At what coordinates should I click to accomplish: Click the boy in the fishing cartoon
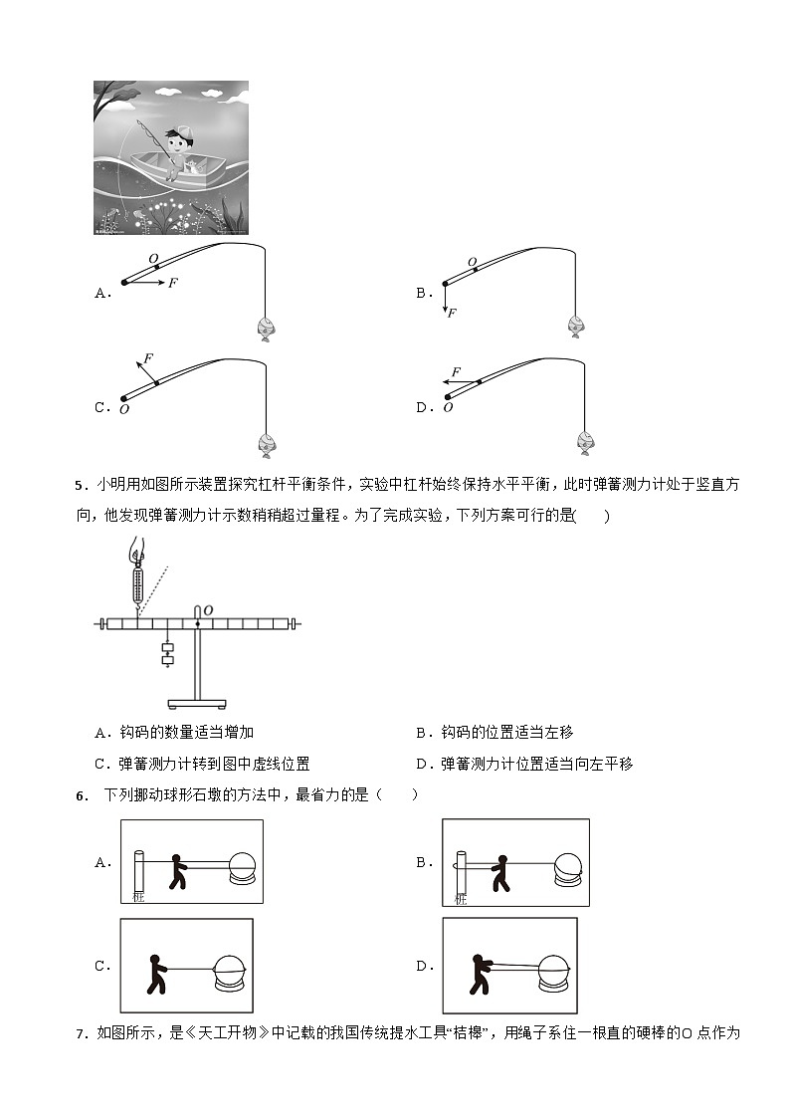click(x=179, y=150)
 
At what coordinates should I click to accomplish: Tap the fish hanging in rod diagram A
click(x=266, y=328)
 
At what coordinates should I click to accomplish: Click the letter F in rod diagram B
click(x=452, y=313)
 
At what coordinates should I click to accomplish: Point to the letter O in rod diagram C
click(x=124, y=408)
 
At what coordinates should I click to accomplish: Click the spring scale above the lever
click(x=137, y=580)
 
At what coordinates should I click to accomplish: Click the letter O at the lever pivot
click(x=208, y=609)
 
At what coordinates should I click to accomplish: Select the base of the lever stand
click(x=196, y=704)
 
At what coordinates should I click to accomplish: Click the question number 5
click(x=80, y=486)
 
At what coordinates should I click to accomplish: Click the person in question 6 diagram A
click(x=178, y=869)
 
